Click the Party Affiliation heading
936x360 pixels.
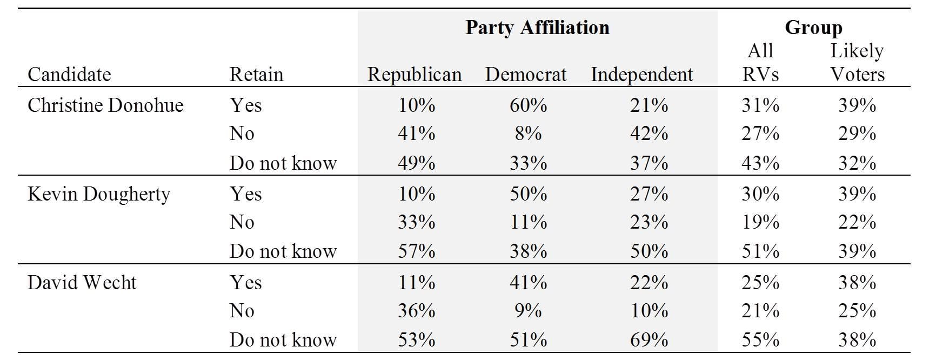coord(537,28)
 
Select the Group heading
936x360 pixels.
coord(813,28)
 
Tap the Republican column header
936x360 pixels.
coord(414,75)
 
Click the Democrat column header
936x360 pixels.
coord(526,75)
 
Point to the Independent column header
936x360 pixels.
coord(641,75)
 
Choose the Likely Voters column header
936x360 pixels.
coord(857,63)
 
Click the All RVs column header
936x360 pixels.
coord(760,63)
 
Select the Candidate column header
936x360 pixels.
coord(69,75)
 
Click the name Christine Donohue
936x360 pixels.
coord(105,105)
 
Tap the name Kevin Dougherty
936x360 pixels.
coord(99,194)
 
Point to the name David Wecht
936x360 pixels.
coord(82,283)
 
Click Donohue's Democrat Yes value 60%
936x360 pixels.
coord(528,105)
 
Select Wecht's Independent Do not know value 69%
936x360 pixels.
coord(648,340)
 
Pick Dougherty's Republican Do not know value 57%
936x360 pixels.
coord(416,251)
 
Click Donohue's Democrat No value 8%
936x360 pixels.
coord(528,134)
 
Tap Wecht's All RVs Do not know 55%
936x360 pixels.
coord(760,340)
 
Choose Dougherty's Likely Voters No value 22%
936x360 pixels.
coord(857,222)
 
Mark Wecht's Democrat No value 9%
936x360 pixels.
coord(528,311)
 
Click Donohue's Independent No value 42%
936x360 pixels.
coord(648,134)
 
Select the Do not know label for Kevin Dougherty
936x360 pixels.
coord(283,251)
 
